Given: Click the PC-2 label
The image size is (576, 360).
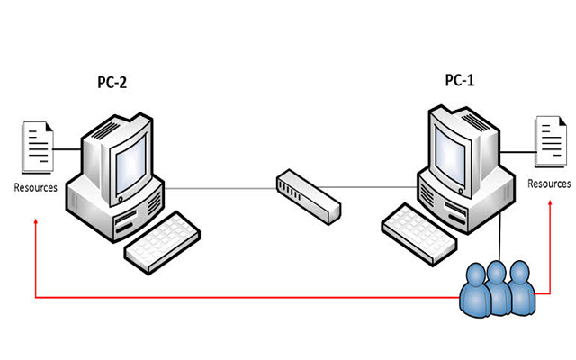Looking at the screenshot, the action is (x=112, y=82).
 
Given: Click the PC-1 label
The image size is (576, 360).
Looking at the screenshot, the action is (x=460, y=80).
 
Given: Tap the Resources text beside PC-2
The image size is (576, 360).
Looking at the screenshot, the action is (x=36, y=188).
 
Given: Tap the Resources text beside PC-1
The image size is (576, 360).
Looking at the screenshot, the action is (x=549, y=184).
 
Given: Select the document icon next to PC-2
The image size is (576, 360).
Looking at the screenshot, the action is (x=38, y=148).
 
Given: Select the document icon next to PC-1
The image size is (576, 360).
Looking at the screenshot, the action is (x=551, y=142).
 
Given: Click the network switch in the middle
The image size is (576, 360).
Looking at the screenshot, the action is (x=309, y=196).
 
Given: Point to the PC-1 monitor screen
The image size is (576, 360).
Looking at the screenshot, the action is (x=450, y=156).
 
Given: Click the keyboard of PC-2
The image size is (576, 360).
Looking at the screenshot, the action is (x=162, y=242).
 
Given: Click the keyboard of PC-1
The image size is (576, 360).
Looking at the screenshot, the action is (x=418, y=234).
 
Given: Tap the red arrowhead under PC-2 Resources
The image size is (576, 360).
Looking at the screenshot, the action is (x=36, y=221).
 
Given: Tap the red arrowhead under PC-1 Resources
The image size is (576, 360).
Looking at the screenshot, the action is (x=550, y=203).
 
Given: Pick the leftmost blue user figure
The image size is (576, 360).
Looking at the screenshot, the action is (x=475, y=290).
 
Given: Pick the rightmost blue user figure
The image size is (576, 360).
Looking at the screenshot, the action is (x=521, y=288).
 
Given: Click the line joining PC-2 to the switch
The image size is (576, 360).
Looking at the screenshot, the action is (x=220, y=188).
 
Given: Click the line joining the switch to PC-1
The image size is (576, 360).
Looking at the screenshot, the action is (x=367, y=187).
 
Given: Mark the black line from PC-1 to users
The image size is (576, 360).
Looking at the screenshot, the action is (x=500, y=237).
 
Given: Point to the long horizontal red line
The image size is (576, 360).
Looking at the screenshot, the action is (x=247, y=297).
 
